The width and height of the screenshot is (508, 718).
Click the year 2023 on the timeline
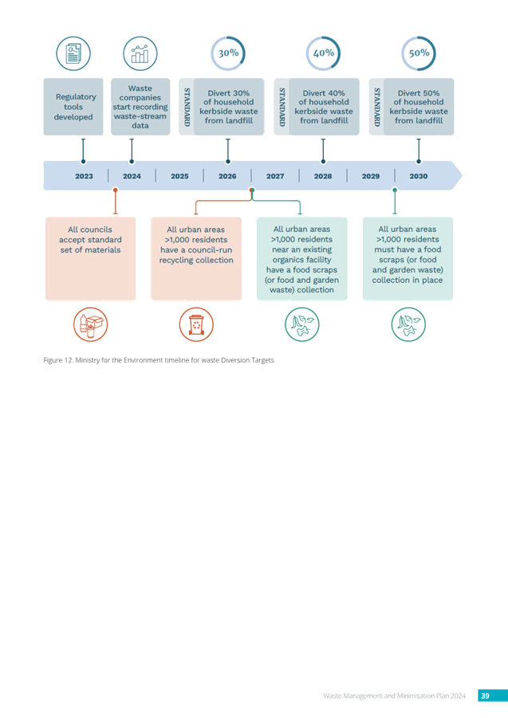(84, 176)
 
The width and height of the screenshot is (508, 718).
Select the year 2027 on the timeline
(275, 176)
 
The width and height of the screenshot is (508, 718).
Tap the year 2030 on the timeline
(419, 176)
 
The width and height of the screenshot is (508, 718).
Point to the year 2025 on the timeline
(179, 176)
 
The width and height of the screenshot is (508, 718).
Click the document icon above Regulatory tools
(73, 53)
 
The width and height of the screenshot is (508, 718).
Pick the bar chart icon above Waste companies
(140, 53)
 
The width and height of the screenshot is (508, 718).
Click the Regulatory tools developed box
(73, 107)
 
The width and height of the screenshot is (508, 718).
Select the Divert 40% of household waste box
(324, 107)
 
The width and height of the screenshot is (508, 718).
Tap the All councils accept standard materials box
(90, 259)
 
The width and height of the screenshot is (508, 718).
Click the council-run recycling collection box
(196, 259)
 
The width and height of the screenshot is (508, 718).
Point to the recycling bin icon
(196, 324)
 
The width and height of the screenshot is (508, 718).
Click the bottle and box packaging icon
(91, 324)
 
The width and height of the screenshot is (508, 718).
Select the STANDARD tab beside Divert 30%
(187, 107)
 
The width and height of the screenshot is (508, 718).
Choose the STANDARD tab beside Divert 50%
(376, 107)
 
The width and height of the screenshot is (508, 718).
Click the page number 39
(485, 696)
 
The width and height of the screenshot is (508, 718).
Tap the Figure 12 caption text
(159, 360)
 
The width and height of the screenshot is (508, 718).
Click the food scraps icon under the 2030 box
(408, 324)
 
